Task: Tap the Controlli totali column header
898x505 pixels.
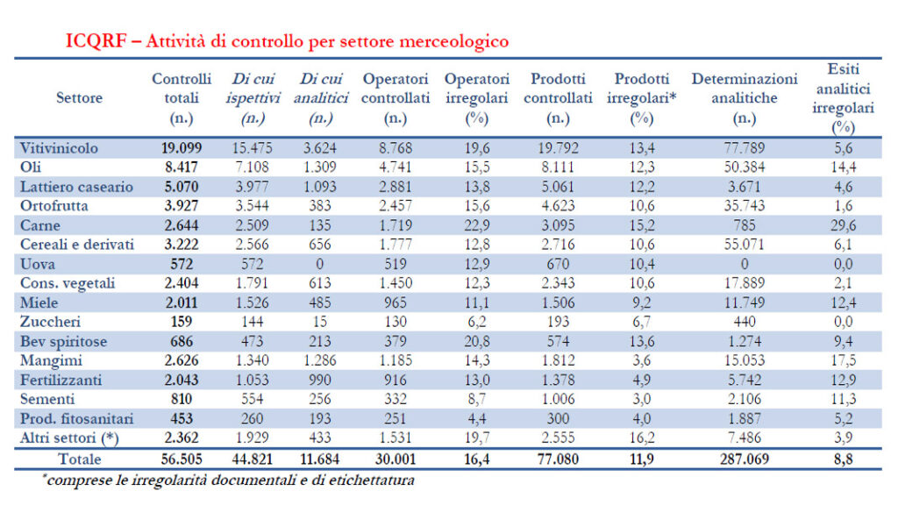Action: click(x=182, y=97)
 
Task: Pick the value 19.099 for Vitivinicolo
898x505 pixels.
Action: click(x=182, y=148)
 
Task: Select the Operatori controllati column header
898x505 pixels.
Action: click(x=396, y=97)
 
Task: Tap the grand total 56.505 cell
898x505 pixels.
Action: click(x=182, y=459)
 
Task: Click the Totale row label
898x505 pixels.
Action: click(x=79, y=459)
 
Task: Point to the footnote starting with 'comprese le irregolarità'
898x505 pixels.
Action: click(x=228, y=480)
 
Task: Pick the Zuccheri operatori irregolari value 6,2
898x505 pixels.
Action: click(x=476, y=322)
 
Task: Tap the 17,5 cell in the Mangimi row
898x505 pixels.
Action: click(x=843, y=360)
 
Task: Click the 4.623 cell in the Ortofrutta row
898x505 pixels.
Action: click(x=559, y=205)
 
